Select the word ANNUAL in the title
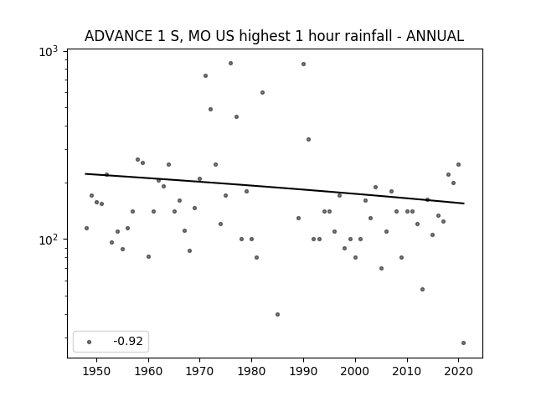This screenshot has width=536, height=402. [x=435, y=36]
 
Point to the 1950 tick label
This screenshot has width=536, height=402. [x=97, y=371]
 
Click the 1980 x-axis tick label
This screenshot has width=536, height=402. [x=251, y=371]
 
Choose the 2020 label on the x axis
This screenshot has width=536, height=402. [x=458, y=371]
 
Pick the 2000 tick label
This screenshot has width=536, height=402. [x=355, y=371]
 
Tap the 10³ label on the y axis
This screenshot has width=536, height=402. [x=49, y=52]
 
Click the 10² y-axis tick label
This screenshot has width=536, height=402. [x=49, y=240]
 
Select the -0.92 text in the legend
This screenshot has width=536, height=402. [x=128, y=341]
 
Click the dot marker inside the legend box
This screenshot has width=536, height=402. [x=90, y=342]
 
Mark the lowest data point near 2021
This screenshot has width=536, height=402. [x=463, y=343]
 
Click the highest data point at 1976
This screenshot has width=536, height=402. [x=231, y=64]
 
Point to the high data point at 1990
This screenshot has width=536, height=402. [x=303, y=64]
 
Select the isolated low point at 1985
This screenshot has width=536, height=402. [x=277, y=315]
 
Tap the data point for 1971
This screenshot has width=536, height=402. [x=205, y=76]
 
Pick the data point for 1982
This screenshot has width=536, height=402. [x=262, y=93]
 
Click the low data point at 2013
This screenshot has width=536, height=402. [x=422, y=289]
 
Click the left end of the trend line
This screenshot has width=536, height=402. [x=85, y=173]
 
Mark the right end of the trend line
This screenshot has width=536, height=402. [x=464, y=204]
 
